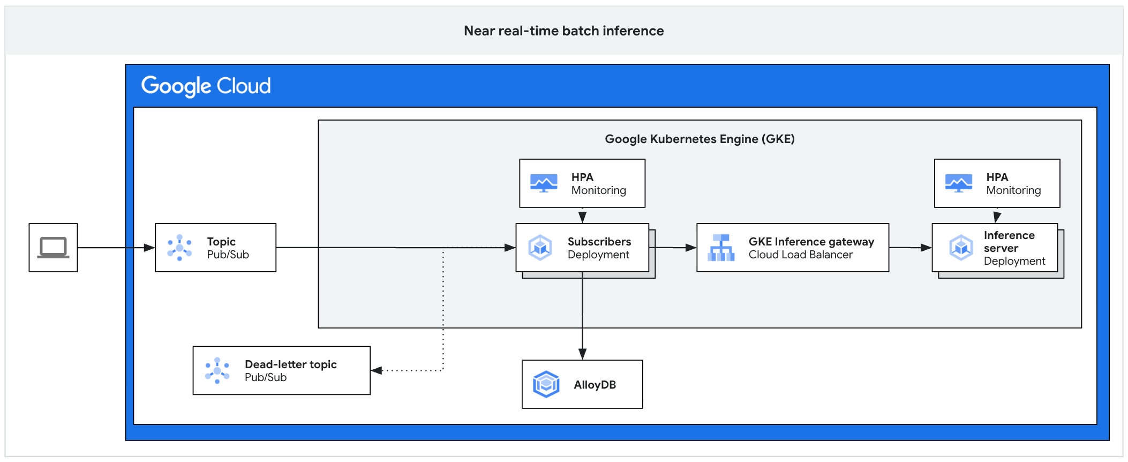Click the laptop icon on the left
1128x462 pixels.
tap(53, 248)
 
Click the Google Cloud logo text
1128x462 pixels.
tap(206, 86)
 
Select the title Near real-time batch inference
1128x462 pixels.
tap(563, 31)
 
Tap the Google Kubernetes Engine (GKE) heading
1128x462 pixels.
tap(700, 139)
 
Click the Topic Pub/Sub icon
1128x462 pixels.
tap(179, 248)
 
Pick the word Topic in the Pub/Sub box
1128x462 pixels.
tap(221, 242)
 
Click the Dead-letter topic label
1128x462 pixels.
tap(290, 364)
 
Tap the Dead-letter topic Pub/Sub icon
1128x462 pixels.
tap(217, 370)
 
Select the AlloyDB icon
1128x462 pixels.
tap(546, 384)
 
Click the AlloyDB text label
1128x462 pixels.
tap(595, 385)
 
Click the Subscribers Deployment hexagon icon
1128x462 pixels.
tap(540, 248)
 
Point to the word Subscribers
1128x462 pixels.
tap(599, 242)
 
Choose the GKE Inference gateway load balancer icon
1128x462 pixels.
tap(721, 248)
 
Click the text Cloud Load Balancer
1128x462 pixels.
tap(800, 255)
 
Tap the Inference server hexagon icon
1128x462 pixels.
tap(961, 248)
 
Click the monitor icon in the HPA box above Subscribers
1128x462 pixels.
tap(544, 183)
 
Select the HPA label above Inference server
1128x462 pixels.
tap(997, 177)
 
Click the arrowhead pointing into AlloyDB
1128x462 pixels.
tap(582, 354)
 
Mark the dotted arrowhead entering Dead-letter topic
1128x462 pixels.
tap(377, 370)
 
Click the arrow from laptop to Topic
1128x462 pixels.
tap(116, 248)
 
